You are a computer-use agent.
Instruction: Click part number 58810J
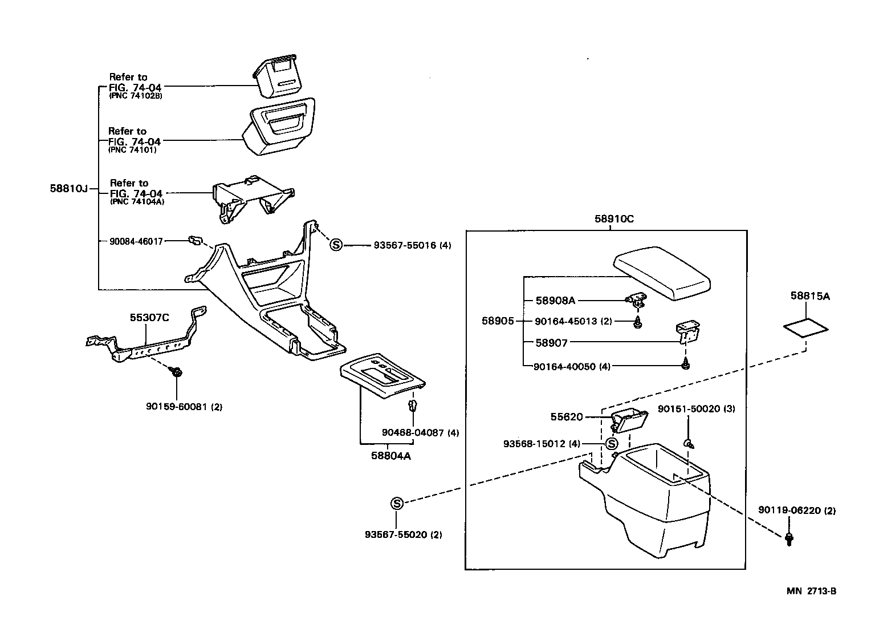pyautogui.click(x=68, y=188)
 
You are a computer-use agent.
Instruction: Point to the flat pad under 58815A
pyautogui.click(x=806, y=329)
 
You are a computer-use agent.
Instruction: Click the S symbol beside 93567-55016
pyautogui.click(x=336, y=245)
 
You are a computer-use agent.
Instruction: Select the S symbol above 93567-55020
pyautogui.click(x=397, y=503)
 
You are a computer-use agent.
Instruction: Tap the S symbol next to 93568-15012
pyautogui.click(x=612, y=444)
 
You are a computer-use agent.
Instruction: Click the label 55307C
pyautogui.click(x=149, y=317)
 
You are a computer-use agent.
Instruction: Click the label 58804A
pyautogui.click(x=391, y=456)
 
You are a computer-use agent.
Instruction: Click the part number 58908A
pyautogui.click(x=555, y=300)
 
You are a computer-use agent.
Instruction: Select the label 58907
pyautogui.click(x=551, y=343)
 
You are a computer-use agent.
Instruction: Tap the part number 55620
pyautogui.click(x=567, y=417)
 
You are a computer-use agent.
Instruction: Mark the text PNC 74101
pyautogui.click(x=132, y=150)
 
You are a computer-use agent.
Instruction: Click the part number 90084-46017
pyautogui.click(x=136, y=241)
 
